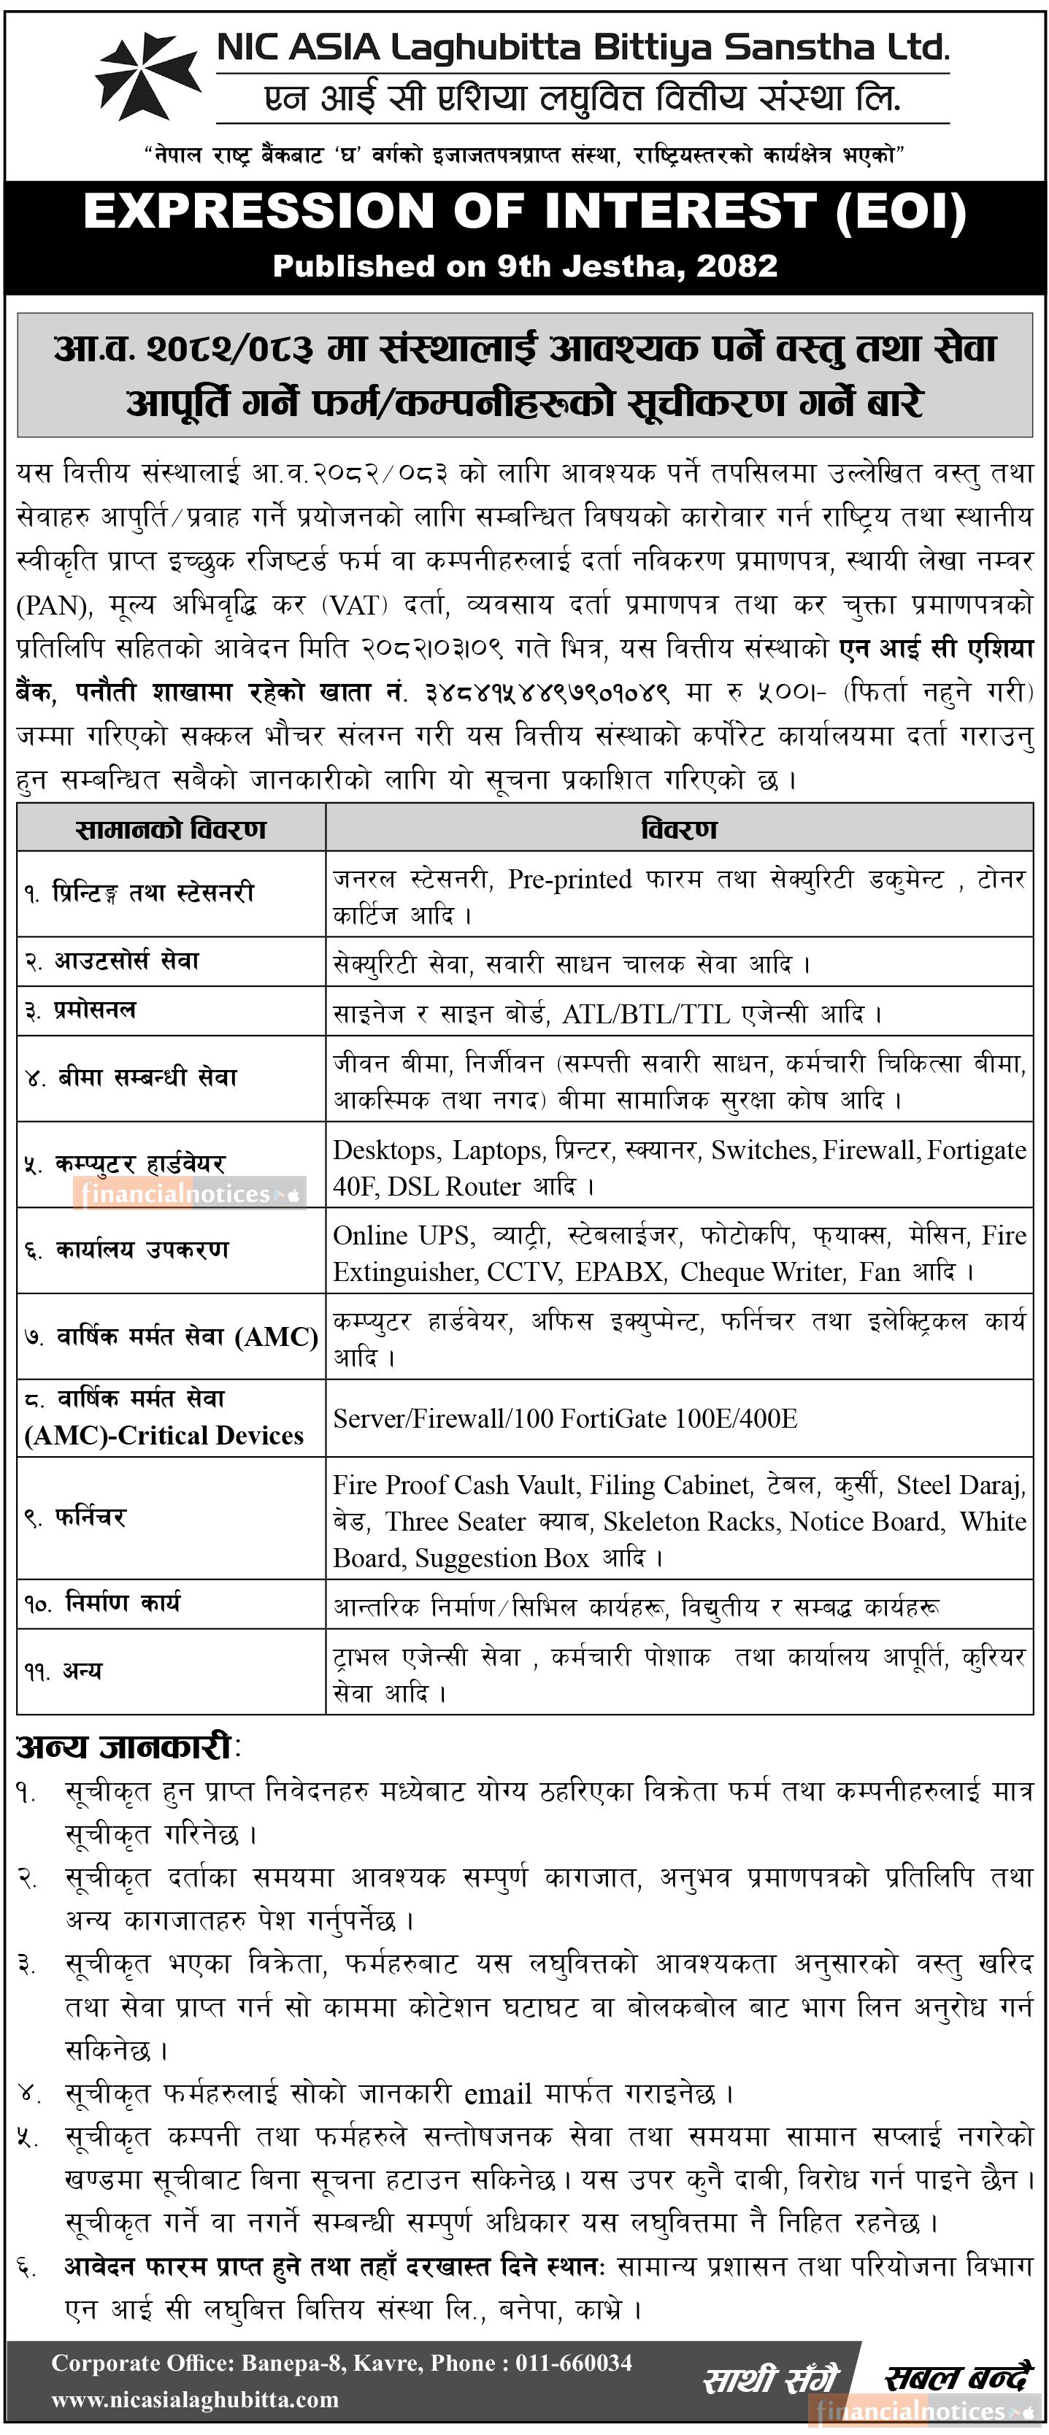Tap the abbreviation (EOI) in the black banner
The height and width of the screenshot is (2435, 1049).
point(901,211)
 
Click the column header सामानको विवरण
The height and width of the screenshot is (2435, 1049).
point(171,829)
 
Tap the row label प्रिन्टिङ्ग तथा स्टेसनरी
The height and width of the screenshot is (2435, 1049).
point(140,893)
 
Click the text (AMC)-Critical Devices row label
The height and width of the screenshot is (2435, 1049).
point(164,1435)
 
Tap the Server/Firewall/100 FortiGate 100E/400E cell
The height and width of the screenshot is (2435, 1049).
point(565,1418)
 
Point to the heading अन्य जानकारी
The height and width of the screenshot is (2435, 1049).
point(125,1747)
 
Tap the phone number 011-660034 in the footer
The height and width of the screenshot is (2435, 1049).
point(574,2363)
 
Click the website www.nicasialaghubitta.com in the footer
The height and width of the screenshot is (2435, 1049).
point(195,2400)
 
